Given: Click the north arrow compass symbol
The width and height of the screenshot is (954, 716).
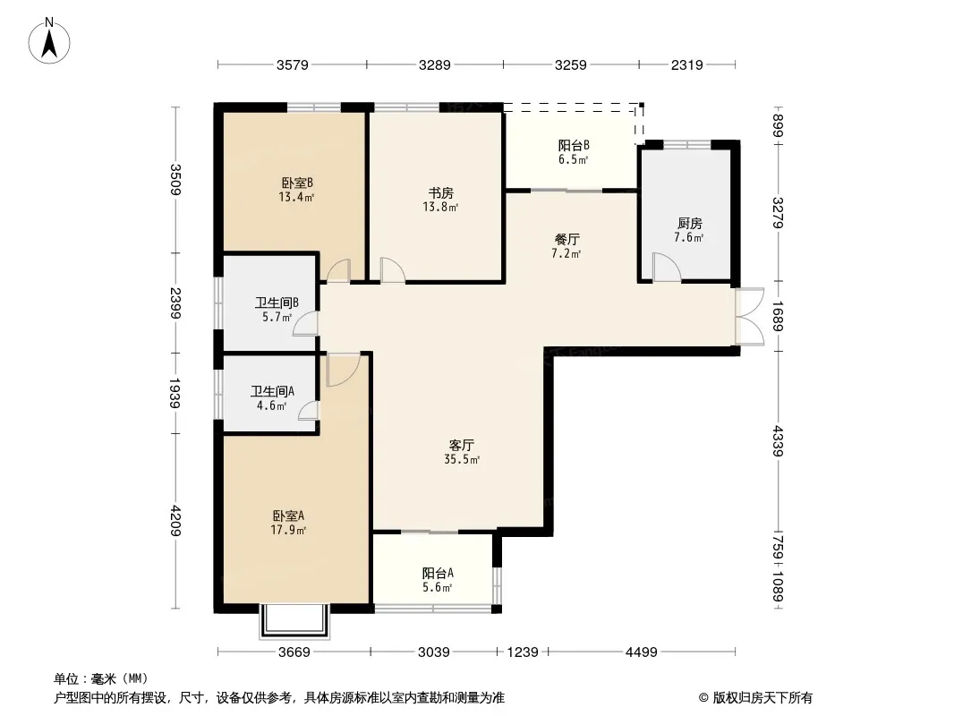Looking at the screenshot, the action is (x=49, y=41).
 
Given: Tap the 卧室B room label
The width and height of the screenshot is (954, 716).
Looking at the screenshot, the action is (x=297, y=183).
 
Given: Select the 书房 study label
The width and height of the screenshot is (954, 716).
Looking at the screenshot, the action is (x=440, y=192).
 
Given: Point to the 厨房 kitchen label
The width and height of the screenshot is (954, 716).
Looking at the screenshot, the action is (x=689, y=223).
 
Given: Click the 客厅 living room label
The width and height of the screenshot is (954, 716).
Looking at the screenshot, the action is (x=462, y=446).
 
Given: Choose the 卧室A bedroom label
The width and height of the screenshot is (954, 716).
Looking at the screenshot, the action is (x=288, y=516).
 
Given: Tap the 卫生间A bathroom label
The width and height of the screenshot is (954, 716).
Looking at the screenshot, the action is (x=272, y=391).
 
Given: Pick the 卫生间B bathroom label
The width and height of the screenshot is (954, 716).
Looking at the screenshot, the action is (x=277, y=303).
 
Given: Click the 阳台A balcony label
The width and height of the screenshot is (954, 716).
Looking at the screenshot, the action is (x=438, y=573).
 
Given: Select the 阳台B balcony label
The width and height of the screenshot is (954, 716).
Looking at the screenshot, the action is (x=574, y=145).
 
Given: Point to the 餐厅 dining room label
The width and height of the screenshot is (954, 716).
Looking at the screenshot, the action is (x=567, y=239).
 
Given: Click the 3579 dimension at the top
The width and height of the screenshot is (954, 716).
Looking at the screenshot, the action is (x=293, y=64).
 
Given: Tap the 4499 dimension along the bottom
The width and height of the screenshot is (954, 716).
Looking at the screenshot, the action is (x=642, y=652).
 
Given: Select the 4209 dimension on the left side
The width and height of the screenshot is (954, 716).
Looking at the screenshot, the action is (x=175, y=521).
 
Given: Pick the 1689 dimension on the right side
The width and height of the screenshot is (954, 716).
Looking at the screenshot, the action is (x=779, y=316).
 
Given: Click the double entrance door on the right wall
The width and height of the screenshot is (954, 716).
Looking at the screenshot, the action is (x=750, y=317).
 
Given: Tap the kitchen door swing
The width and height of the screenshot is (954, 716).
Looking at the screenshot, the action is (x=666, y=267).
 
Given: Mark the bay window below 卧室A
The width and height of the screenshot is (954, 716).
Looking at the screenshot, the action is (x=295, y=621).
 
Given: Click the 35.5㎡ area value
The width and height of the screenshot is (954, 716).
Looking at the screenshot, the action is (x=462, y=460).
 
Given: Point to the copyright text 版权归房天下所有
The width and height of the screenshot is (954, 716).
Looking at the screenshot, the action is (x=762, y=698).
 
